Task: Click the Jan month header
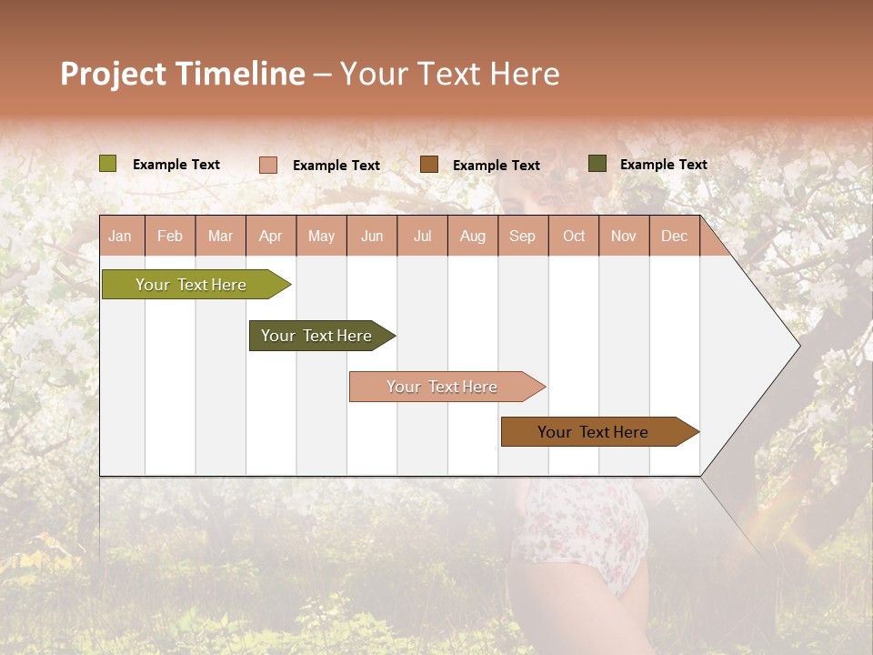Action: point(121,237)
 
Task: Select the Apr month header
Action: point(271,237)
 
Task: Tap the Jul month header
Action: point(422,237)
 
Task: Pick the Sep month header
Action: point(523,237)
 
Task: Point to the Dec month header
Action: point(674,237)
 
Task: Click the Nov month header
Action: point(624,237)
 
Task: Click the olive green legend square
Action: point(108,164)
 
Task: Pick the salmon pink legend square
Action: point(268,165)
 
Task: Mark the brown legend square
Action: point(429,165)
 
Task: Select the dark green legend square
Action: point(597,164)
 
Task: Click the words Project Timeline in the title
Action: point(182,74)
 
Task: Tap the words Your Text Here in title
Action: point(449,74)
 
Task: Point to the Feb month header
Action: point(170,237)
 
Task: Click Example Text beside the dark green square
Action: point(663,165)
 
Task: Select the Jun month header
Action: point(372,237)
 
